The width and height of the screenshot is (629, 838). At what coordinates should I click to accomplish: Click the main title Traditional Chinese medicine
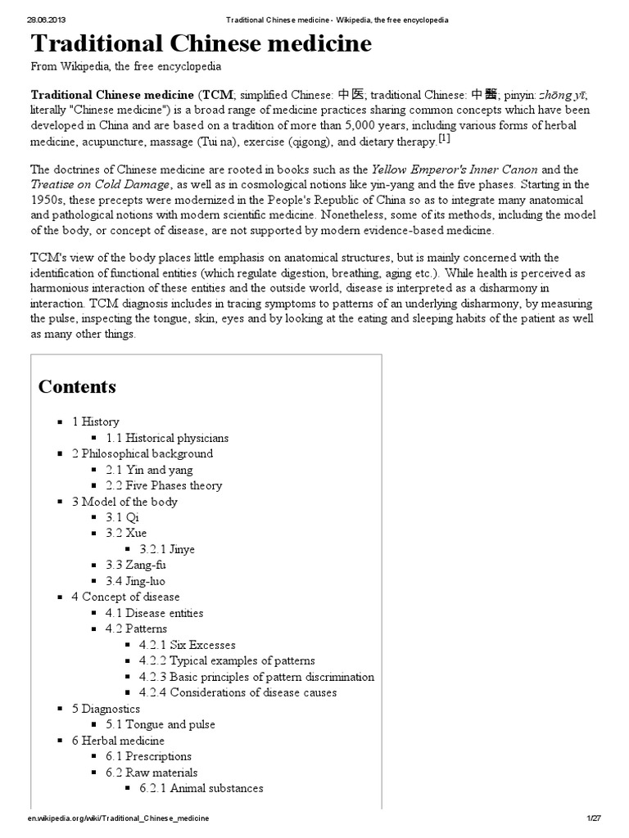tap(201, 44)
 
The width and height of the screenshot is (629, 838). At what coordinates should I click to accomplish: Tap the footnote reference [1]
tap(444, 139)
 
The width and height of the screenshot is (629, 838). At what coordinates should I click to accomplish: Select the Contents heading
tap(77, 386)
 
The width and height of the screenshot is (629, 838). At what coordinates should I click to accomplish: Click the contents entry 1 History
tap(95, 421)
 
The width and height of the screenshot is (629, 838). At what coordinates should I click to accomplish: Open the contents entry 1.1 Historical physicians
tap(166, 438)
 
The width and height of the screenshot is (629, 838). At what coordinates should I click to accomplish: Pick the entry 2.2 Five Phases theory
tap(163, 485)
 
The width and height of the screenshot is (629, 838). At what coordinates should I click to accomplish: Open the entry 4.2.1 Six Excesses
tap(187, 645)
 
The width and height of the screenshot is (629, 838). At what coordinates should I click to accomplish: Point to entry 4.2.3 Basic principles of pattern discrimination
tap(256, 677)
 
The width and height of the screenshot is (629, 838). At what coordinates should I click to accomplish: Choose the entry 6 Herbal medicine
tap(118, 741)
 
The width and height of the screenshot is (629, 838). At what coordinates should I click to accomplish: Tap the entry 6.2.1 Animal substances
tap(201, 788)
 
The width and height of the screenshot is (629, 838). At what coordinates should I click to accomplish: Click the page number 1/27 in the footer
tap(594, 818)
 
